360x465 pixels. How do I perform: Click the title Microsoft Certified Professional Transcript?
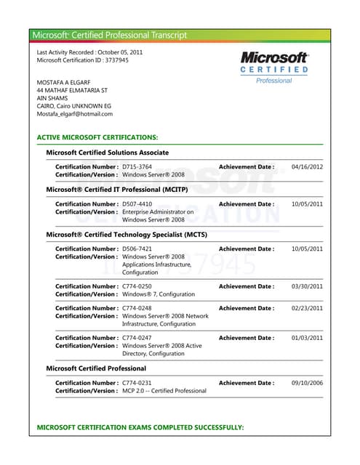tap(110, 35)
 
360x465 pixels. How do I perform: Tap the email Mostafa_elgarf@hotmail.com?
tap(75, 114)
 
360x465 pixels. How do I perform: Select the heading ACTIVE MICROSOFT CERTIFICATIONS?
tap(97, 137)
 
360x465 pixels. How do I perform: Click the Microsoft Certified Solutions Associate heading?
tap(107, 153)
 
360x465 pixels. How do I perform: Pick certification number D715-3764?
tap(137, 167)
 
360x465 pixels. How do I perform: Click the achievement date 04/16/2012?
tap(307, 167)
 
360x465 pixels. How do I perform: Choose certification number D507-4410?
tap(137, 204)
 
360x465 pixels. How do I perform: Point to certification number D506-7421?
tap(137, 249)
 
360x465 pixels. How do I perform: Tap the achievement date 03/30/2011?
tap(307, 286)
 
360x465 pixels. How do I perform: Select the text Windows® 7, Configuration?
tap(159, 294)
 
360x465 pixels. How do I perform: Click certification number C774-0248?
tap(137, 308)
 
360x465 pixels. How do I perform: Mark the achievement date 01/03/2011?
tap(307, 338)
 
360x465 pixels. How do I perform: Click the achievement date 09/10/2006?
tap(307, 383)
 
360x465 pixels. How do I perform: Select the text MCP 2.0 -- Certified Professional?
tap(164, 391)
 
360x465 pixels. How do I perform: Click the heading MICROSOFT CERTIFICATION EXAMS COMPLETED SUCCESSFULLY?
tap(140, 427)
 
